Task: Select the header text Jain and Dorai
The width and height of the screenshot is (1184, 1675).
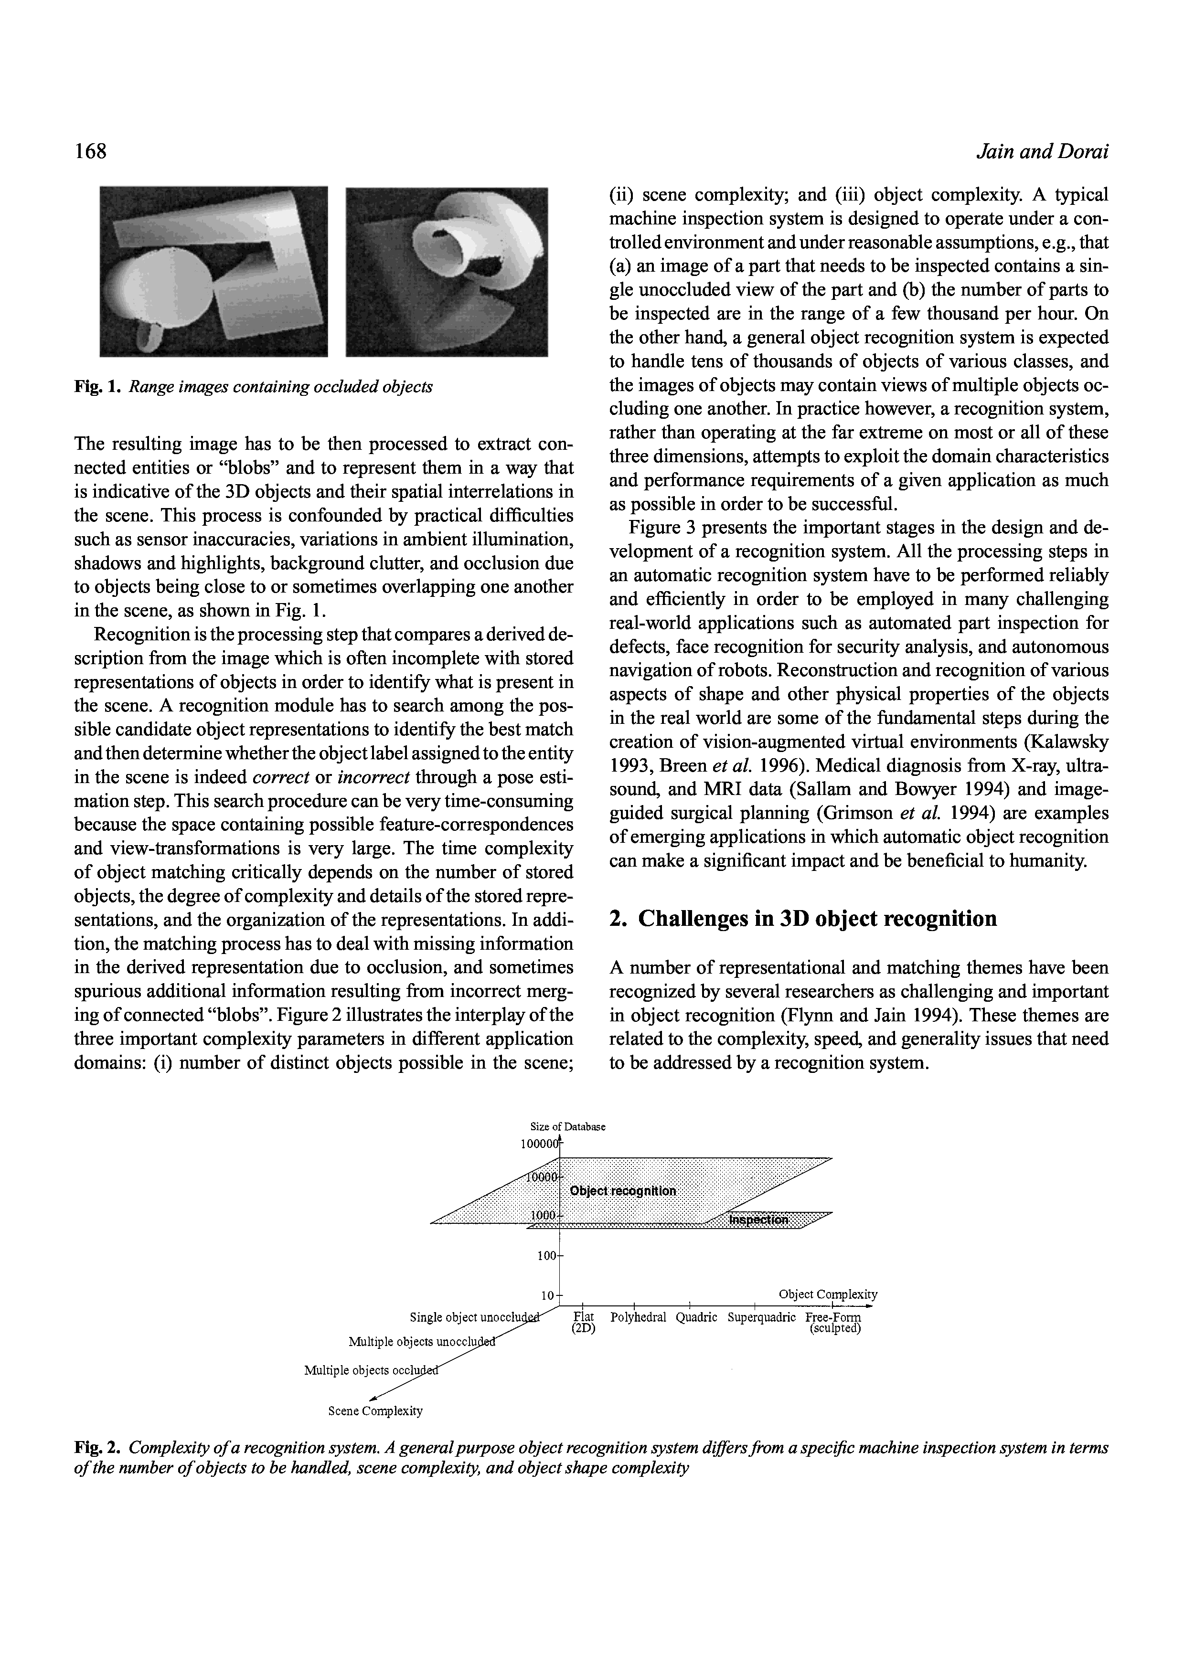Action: [x=1042, y=152]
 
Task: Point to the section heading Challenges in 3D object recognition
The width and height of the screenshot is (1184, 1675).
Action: [x=802, y=919]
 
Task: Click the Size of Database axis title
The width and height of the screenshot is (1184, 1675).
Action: [x=567, y=1126]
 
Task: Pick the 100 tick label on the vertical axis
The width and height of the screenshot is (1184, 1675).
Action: [x=546, y=1256]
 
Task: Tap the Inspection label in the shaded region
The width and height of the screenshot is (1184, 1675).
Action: [x=759, y=1220]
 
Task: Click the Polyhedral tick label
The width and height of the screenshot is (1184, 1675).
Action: [x=638, y=1317]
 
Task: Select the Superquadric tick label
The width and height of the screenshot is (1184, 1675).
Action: [x=761, y=1317]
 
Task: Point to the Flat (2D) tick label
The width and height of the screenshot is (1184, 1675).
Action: [x=584, y=1323]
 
